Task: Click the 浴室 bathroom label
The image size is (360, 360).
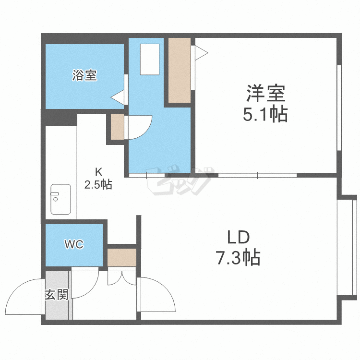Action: (84, 75)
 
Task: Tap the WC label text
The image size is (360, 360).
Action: (74, 244)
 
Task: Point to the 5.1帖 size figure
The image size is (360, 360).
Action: (265, 115)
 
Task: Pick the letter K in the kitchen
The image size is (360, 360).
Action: (98, 171)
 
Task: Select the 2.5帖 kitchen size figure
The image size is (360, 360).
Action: (98, 184)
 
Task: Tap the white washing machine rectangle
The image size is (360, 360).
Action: (149, 59)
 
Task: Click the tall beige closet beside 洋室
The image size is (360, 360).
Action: (180, 70)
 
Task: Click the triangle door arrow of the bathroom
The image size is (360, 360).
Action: (118, 97)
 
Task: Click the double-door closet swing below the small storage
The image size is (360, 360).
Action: (122, 278)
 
